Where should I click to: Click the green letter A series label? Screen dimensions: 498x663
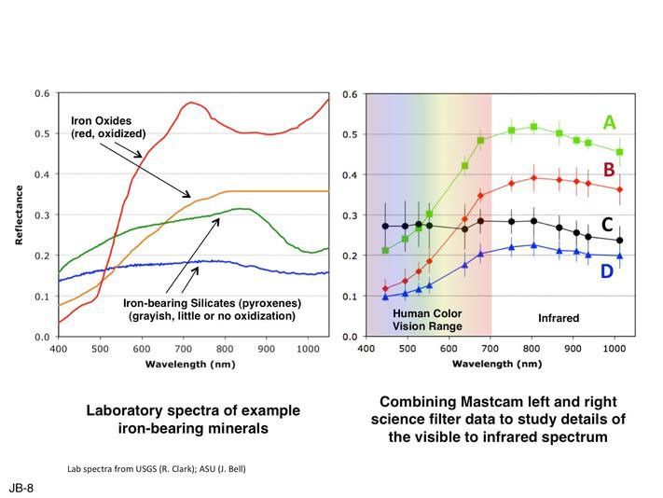tap(609, 123)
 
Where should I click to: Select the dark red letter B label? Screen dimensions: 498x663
tap(608, 169)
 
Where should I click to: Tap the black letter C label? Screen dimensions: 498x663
tap(607, 225)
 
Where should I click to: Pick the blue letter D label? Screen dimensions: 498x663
tap(607, 271)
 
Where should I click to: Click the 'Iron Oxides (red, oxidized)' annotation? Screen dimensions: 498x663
tap(108, 127)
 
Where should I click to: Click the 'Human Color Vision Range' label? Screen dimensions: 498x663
tap(427, 319)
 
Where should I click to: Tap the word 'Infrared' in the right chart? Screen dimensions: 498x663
tap(559, 318)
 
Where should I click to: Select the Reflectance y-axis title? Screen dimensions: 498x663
tap(19, 215)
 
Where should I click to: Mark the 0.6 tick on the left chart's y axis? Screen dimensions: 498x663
tap(43, 94)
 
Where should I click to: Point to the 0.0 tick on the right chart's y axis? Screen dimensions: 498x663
tap(352, 336)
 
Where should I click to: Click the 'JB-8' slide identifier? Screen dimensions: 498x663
tap(21, 488)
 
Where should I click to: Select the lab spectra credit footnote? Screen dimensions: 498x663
tap(156, 467)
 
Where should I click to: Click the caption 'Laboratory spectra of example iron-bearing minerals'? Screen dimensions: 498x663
tap(193, 420)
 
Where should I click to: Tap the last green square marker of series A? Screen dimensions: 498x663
tap(619, 152)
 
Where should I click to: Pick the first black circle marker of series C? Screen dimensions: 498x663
tap(385, 226)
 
